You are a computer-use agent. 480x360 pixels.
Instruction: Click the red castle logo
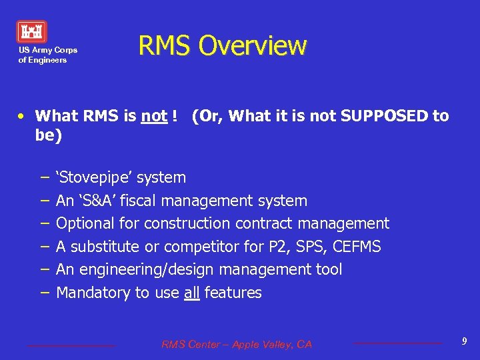coord(32,31)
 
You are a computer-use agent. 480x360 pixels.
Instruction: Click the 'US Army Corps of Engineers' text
coord(47,55)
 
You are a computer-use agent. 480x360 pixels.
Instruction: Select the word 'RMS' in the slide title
coord(165,46)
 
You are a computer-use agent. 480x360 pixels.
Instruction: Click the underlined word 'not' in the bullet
coord(154,116)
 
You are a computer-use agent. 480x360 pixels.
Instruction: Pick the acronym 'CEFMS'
coord(357,247)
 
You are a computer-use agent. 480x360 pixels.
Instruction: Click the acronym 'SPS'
coord(313,247)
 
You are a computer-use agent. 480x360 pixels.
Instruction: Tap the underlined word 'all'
coord(191,293)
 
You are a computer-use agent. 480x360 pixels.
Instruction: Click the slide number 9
coord(464,342)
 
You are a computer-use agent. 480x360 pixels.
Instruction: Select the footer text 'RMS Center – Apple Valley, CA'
coord(236,345)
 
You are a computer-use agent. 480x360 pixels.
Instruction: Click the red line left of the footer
coord(71,345)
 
